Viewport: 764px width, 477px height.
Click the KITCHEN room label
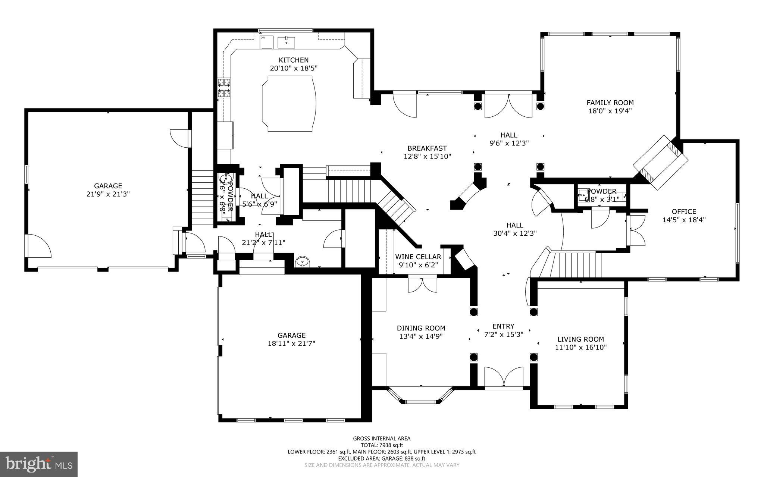click(x=294, y=60)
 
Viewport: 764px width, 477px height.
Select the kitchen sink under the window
click(x=286, y=42)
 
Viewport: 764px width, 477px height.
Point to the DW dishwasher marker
click(x=263, y=38)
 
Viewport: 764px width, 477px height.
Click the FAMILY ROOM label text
click(x=610, y=103)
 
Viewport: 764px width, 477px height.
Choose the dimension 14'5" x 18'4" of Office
click(x=684, y=220)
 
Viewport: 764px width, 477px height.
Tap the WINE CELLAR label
click(x=418, y=257)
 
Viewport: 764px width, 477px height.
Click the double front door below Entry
click(x=504, y=377)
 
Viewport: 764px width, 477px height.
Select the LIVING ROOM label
click(x=580, y=339)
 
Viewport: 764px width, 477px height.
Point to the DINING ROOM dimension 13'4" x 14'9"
click(x=421, y=336)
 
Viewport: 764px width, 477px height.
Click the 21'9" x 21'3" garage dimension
click(x=108, y=194)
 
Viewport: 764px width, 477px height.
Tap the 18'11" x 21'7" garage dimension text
click(x=291, y=343)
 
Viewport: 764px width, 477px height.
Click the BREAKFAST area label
click(x=427, y=148)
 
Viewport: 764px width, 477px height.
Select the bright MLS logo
click(x=39, y=464)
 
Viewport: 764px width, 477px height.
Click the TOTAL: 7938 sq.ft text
click(x=382, y=445)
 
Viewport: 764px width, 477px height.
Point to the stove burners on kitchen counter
click(x=224, y=88)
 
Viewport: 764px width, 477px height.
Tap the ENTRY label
click(x=503, y=326)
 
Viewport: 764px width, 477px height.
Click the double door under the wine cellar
click(x=422, y=285)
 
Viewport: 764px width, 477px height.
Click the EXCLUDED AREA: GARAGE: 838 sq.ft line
click(x=382, y=458)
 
